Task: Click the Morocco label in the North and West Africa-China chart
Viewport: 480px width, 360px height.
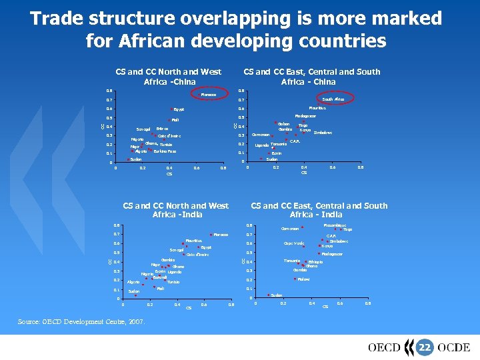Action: tap(208, 95)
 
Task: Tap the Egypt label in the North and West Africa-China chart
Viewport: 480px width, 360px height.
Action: tap(179, 109)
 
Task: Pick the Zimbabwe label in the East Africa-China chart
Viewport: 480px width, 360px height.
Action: tap(323, 133)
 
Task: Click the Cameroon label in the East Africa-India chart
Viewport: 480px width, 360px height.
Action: tap(289, 229)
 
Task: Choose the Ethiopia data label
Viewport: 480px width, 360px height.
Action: tap(315, 262)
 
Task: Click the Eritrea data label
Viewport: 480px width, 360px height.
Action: tap(162, 128)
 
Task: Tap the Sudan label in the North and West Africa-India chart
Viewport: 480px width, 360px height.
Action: tap(134, 291)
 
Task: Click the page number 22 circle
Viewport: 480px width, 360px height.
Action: tap(424, 347)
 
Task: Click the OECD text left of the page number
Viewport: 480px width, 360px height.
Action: tap(385, 347)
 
